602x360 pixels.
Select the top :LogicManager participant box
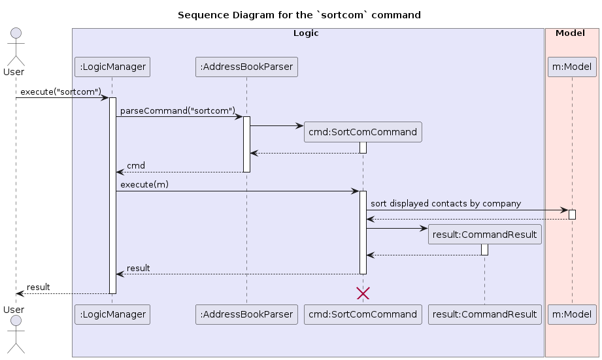coord(112,67)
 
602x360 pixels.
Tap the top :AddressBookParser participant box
coord(246,67)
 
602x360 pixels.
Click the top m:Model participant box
coord(571,67)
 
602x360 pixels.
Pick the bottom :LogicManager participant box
coord(112,314)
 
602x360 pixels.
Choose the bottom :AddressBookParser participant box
coord(246,314)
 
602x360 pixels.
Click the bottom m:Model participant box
coord(571,314)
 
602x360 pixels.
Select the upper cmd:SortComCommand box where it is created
coord(363,132)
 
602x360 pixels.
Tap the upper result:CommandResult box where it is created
coord(484,235)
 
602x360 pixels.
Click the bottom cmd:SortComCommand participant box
coord(363,314)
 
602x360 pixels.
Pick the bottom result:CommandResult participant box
coord(484,314)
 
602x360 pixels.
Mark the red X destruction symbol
coord(363,293)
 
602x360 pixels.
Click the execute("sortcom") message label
coord(61,91)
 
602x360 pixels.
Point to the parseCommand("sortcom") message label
coord(177,111)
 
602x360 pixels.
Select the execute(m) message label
coord(144,185)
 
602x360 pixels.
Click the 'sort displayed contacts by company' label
coord(445,204)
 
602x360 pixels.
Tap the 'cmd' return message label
coord(136,166)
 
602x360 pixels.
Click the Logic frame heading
coord(306,33)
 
